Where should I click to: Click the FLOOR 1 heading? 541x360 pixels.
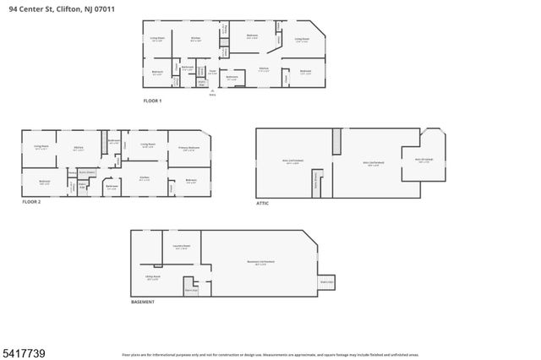pyautogui.click(x=152, y=101)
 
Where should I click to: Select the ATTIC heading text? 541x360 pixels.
pyautogui.click(x=263, y=203)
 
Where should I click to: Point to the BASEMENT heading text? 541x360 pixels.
pyautogui.click(x=143, y=302)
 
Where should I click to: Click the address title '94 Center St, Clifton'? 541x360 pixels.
pyautogui.click(x=57, y=8)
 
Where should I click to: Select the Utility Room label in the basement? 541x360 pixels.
pyautogui.click(x=152, y=276)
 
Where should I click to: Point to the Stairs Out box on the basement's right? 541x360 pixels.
pyautogui.click(x=326, y=281)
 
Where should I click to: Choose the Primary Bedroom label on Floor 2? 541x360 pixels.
pyautogui.click(x=188, y=148)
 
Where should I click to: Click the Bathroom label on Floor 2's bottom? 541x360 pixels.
pyautogui.click(x=111, y=188)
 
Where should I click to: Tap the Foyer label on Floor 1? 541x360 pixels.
pyautogui.click(x=212, y=72)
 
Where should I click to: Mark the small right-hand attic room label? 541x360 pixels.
pyautogui.click(x=424, y=160)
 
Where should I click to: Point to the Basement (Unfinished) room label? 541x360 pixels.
pyautogui.click(x=260, y=263)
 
